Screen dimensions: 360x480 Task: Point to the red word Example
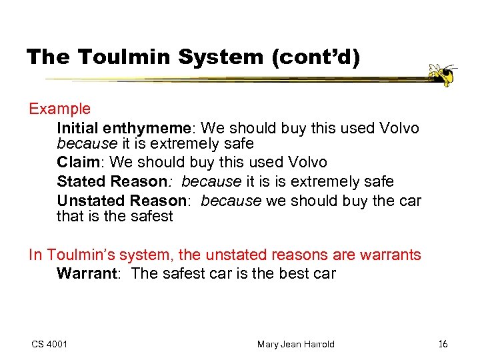tap(59, 109)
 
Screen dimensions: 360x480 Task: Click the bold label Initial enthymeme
tap(126, 127)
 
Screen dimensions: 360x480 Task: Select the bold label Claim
tap(81, 163)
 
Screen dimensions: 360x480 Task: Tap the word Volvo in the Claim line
tap(306, 163)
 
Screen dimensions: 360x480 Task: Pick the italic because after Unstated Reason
tap(229, 201)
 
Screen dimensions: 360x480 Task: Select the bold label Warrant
tap(87, 273)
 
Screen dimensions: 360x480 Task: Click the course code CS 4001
tap(49, 344)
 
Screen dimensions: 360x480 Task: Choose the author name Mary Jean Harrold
tap(295, 344)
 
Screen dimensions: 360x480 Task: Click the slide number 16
tap(443, 344)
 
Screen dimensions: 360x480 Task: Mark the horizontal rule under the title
tap(227, 80)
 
